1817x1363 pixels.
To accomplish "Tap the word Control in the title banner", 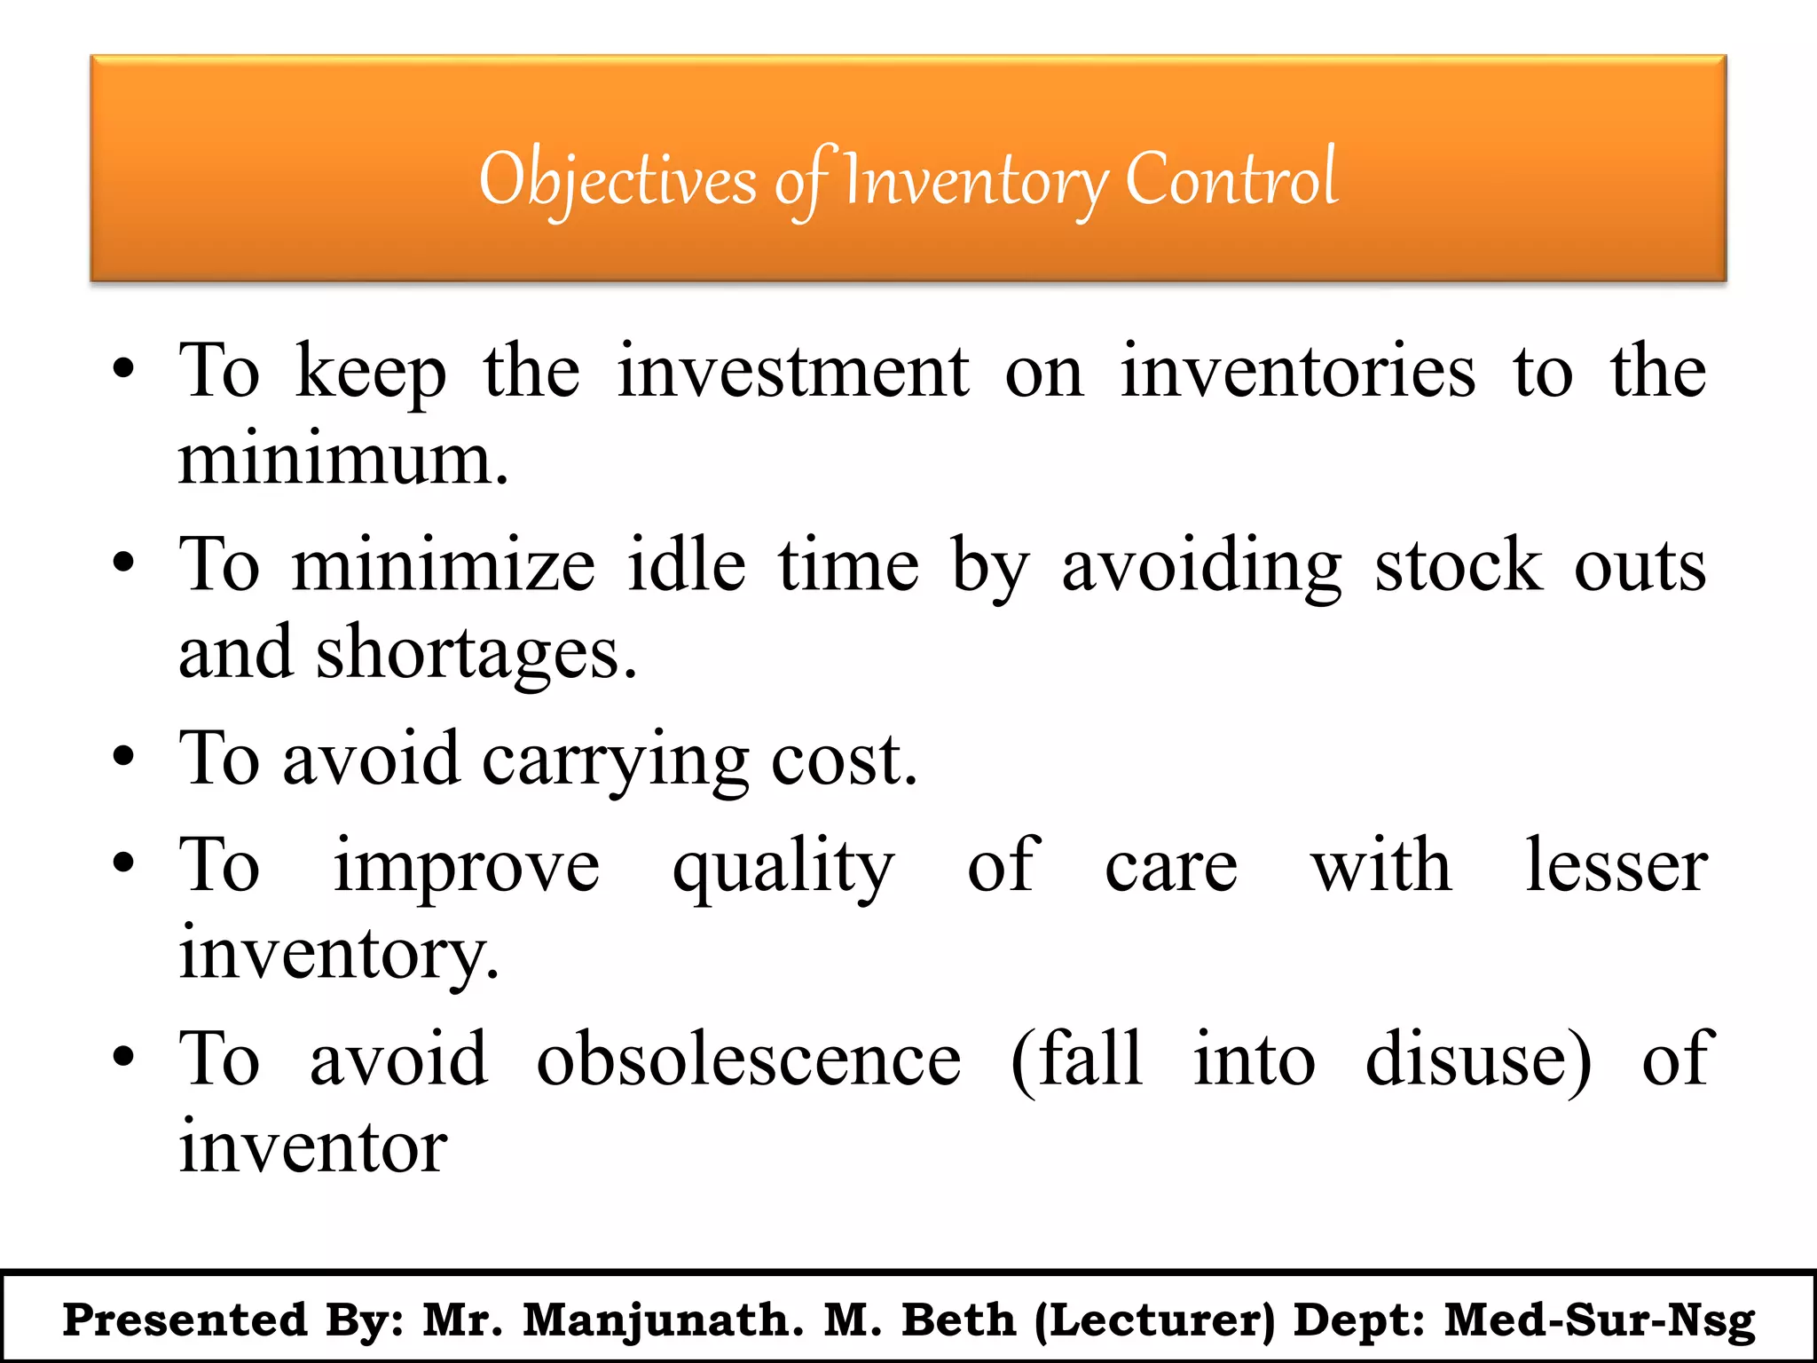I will click(1231, 179).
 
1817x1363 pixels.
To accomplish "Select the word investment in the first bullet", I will click(792, 371).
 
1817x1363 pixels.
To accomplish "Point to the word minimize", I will click(444, 566).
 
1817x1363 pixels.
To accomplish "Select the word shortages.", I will click(476, 653).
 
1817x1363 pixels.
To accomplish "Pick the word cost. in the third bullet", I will click(844, 760).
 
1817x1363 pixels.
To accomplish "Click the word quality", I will click(783, 866).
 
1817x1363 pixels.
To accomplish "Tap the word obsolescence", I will click(749, 1060).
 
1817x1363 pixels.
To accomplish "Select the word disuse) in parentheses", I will click(1478, 1060).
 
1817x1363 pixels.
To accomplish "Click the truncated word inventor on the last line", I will click(312, 1146).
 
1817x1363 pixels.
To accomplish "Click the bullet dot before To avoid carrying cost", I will click(123, 759).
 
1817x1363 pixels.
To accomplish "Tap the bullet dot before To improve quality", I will click(123, 863).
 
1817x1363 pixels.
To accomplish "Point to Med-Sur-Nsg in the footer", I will click(1600, 1320).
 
